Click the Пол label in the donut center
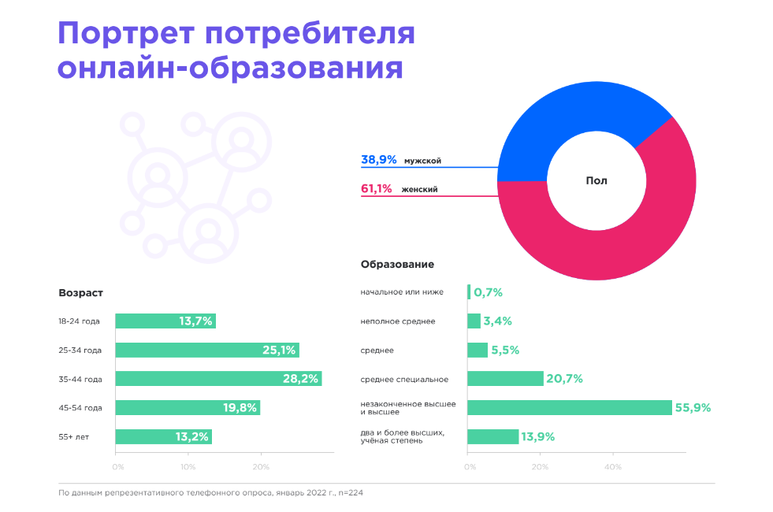click(596, 180)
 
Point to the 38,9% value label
click(378, 160)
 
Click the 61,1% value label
click(377, 189)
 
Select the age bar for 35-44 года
click(218, 379)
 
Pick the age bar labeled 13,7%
click(165, 321)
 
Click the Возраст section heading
click(80, 292)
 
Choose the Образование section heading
click(397, 265)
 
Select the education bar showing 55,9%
click(569, 407)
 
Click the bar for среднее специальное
click(505, 379)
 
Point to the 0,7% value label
click(488, 292)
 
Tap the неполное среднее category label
click(397, 321)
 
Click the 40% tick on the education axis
click(612, 467)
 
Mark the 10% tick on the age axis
click(188, 467)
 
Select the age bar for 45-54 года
click(188, 407)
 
